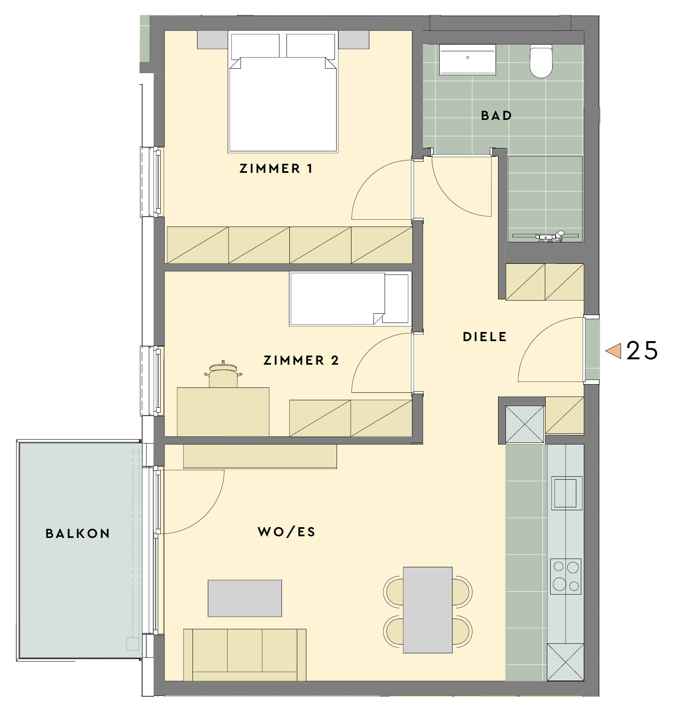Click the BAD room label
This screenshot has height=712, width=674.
(496, 115)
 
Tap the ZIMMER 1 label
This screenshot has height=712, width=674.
(276, 168)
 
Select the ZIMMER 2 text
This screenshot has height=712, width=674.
(301, 360)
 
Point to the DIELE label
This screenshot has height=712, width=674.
(484, 337)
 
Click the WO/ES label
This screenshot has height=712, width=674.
(286, 532)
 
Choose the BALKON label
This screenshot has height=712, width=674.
(78, 533)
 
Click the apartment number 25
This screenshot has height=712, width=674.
(642, 351)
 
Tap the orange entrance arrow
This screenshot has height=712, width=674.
(614, 351)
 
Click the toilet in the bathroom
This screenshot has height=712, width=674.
(541, 61)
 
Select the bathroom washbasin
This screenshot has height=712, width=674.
(467, 60)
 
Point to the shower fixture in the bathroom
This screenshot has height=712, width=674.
(550, 236)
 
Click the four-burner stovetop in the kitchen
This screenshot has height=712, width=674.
(566, 576)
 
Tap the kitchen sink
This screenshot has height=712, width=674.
(566, 493)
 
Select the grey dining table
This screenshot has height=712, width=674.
(428, 610)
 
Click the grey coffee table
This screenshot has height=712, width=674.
(245, 598)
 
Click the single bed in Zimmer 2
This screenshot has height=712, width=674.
(350, 299)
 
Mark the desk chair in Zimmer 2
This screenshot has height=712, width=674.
(223, 374)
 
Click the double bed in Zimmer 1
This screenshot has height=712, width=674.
(283, 93)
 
